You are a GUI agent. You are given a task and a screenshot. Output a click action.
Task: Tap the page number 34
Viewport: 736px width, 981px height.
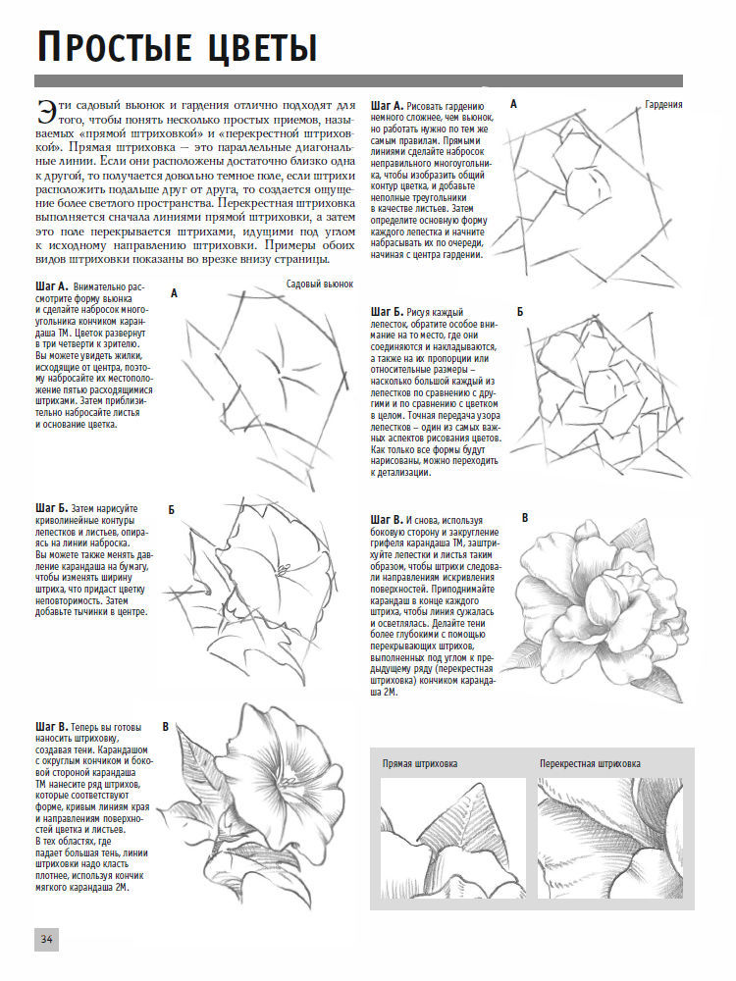click(x=46, y=939)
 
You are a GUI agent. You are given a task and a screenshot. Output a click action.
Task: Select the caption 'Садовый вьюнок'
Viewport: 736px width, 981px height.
click(x=319, y=284)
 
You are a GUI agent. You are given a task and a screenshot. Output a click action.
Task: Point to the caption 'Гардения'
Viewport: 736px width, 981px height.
click(x=664, y=104)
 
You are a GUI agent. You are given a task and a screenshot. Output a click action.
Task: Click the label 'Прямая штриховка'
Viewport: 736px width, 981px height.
click(x=420, y=763)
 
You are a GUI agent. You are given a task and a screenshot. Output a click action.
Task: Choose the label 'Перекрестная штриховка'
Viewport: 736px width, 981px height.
click(x=590, y=763)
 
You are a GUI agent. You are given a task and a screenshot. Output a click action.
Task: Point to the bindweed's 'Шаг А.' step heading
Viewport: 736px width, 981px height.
click(x=51, y=286)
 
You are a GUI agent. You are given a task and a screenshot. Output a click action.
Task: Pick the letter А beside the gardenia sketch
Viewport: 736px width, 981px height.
click(x=513, y=104)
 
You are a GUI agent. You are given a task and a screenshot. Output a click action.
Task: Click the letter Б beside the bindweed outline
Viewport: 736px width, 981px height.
click(x=171, y=510)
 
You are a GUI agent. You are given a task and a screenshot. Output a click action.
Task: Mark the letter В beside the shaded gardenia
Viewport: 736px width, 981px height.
click(x=524, y=518)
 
